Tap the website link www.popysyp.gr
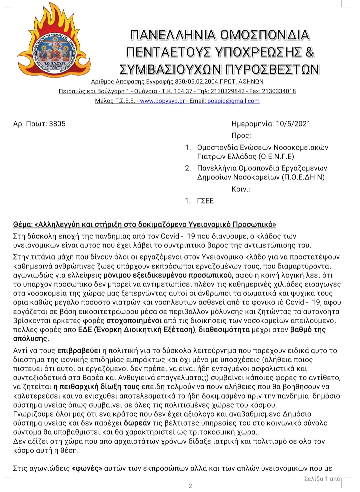(x=162, y=101)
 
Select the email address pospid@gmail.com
(x=233, y=101)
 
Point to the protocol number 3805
(x=57, y=124)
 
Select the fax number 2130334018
(x=279, y=91)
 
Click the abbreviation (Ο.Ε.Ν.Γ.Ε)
(x=276, y=156)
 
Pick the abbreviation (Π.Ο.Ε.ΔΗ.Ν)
(x=303, y=177)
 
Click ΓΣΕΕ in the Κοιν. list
(x=205, y=201)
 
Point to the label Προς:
(x=241, y=135)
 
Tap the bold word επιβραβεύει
(x=79, y=351)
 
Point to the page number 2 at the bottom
(x=190, y=486)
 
